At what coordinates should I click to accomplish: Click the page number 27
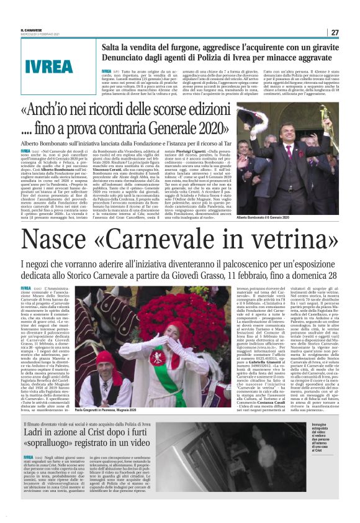pyautogui.click(x=335, y=32)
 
